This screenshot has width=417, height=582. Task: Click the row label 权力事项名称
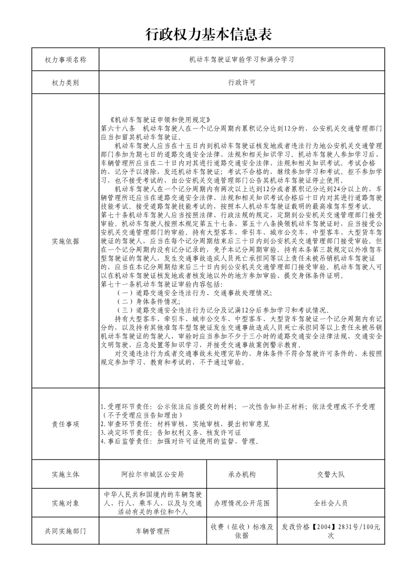coord(66,60)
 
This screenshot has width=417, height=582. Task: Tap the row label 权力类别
coord(66,83)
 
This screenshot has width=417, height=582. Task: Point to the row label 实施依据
coord(66,241)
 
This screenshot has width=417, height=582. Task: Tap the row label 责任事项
coord(66,424)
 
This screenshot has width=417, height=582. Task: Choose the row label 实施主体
coord(66,474)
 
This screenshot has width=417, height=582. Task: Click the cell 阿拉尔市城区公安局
coord(152,474)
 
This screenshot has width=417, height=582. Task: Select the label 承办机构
coord(242,474)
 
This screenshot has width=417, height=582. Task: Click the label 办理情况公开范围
coord(242,503)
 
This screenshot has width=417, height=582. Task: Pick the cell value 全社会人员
coord(330,503)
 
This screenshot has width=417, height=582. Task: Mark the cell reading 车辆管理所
coord(152,531)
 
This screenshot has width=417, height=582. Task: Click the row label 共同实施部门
coord(66,531)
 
